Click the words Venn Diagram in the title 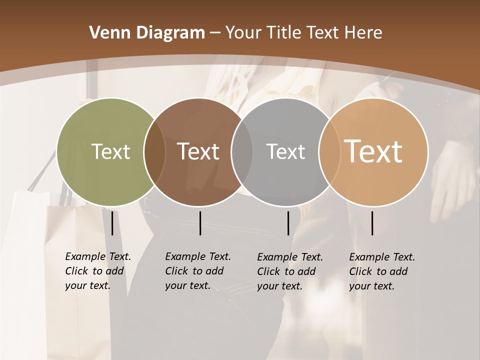[x=147, y=33]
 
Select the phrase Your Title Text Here [x=303, y=33]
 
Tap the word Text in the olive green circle [x=110, y=151]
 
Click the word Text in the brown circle [x=198, y=151]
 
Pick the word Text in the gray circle [x=285, y=151]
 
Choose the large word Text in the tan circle [x=373, y=151]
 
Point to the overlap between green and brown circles [x=154, y=152]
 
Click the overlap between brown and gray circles [x=242, y=152]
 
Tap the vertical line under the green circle [x=112, y=223]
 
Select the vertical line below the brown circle [x=200, y=223]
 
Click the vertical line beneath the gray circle [x=288, y=223]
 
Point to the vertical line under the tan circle [x=372, y=223]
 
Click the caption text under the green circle [x=97, y=271]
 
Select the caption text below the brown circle [x=197, y=271]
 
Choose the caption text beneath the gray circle [x=289, y=271]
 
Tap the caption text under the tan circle [x=381, y=271]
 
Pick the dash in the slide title [x=215, y=33]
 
